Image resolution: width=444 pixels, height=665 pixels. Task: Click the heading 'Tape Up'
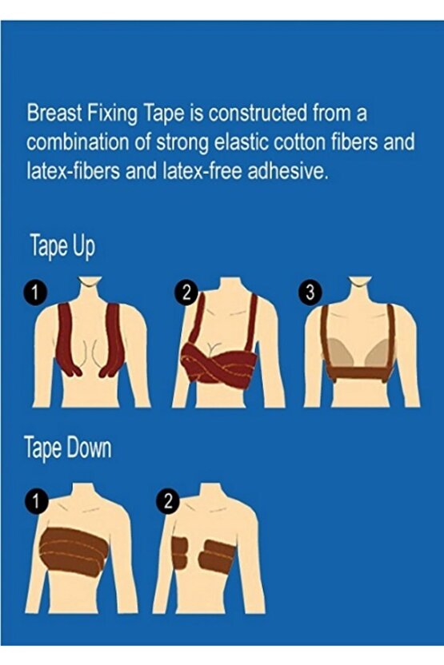coord(62,247)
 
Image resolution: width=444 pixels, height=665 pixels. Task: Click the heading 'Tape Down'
coord(68,448)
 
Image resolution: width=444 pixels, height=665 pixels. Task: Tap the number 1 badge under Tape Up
coord(35,293)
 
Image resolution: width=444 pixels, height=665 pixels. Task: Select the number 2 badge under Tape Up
coord(186,293)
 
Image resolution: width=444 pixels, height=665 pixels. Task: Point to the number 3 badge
coord(310,293)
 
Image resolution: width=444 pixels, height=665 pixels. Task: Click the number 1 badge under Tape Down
coord(36,501)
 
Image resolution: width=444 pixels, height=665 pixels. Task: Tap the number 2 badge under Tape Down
coord(168,501)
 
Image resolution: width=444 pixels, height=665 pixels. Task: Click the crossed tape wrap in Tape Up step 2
coord(218,362)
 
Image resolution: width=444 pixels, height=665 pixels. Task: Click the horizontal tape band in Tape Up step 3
coord(359,373)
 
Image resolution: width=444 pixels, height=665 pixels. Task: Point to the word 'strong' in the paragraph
coord(182,144)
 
